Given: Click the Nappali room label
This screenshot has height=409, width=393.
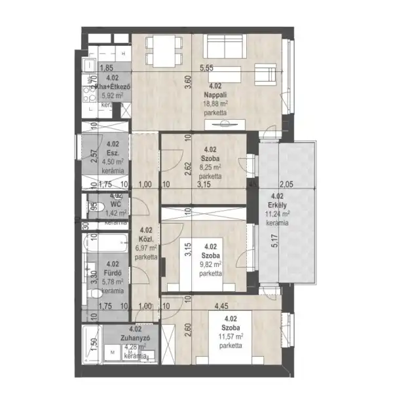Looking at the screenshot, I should click(x=215, y=94).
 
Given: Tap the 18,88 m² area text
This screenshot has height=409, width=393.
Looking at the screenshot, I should click(x=215, y=103).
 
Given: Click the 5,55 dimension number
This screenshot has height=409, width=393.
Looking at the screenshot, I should click(x=208, y=67).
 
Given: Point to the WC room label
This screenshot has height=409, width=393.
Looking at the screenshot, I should click(x=117, y=204).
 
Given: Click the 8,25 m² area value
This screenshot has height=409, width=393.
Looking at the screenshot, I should click(x=210, y=167).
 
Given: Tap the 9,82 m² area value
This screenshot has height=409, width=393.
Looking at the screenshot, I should click(x=210, y=264).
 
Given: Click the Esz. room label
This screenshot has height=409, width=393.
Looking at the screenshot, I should click(x=112, y=153).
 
